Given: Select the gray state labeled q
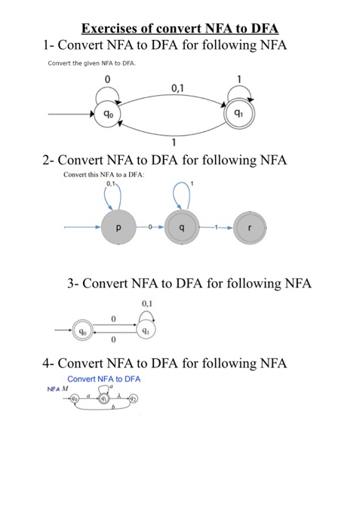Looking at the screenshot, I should point(181,226).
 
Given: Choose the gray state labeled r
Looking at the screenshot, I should point(250,226).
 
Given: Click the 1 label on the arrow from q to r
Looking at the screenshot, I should point(217,226).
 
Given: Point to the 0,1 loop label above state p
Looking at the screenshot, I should point(111,183).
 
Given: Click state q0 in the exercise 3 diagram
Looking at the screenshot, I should point(85,330).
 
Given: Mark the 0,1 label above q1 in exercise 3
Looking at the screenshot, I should point(147,304).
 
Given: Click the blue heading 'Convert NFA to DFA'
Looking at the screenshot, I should point(104,378).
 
